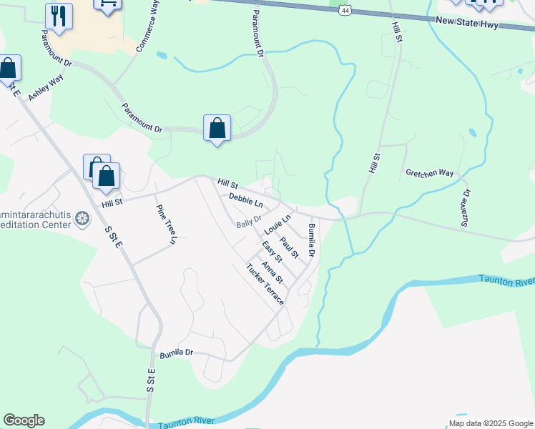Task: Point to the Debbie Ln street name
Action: (x=246, y=200)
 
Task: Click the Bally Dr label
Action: (x=249, y=223)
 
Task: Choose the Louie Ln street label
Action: (x=278, y=225)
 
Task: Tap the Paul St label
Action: (x=290, y=247)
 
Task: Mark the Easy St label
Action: (x=271, y=252)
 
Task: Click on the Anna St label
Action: (x=273, y=272)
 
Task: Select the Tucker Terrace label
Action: (x=265, y=285)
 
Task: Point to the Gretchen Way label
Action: (x=430, y=173)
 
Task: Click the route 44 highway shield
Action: (x=346, y=10)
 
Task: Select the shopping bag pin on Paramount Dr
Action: (x=217, y=129)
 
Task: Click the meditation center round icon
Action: (x=83, y=217)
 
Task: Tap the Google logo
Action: (x=24, y=420)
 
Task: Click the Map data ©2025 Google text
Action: (x=491, y=423)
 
